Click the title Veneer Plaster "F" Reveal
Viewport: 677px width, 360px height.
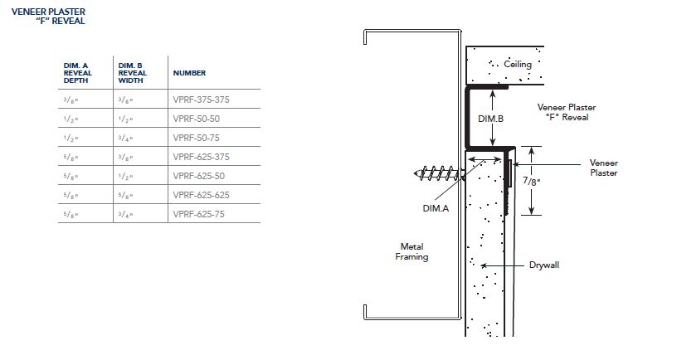[x=48, y=17]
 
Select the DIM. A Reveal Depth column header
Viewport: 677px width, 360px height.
[x=78, y=73]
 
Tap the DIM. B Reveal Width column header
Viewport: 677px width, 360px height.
[x=133, y=73]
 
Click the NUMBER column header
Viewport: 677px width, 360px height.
[x=189, y=73]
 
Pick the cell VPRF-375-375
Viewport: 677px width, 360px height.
[x=202, y=100]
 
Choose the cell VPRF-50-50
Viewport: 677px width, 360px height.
[x=197, y=119]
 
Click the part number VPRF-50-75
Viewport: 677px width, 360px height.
[x=197, y=138]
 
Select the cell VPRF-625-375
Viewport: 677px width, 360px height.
[x=202, y=157]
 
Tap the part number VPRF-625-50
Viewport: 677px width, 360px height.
[x=199, y=176]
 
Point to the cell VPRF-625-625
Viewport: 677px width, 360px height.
[x=202, y=195]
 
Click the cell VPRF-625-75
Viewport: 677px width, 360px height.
[x=199, y=214]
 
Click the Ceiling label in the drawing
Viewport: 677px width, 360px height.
[x=518, y=65]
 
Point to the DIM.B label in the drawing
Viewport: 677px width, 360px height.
[x=490, y=119]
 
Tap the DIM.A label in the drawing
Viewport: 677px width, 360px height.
[x=436, y=208]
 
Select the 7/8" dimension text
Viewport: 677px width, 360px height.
[x=532, y=181]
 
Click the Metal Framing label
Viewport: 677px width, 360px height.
[x=412, y=251]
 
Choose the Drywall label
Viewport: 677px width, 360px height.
[x=544, y=265]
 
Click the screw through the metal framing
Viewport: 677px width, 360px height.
[x=439, y=173]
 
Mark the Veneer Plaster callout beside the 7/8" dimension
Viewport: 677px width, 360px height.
[x=604, y=168]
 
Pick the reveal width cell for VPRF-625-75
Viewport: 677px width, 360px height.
[x=125, y=214]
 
